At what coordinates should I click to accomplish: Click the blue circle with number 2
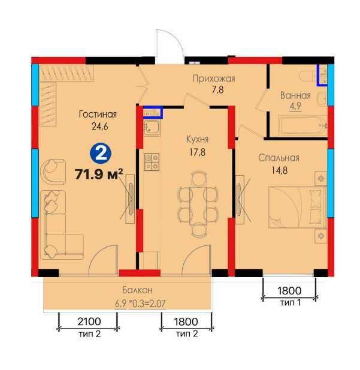(101, 154)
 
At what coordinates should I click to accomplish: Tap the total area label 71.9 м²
(99, 174)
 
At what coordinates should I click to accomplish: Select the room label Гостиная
(98, 114)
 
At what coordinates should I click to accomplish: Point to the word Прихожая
(214, 79)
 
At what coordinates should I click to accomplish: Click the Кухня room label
(197, 139)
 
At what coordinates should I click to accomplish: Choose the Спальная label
(279, 158)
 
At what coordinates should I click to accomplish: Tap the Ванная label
(295, 95)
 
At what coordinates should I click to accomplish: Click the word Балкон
(137, 290)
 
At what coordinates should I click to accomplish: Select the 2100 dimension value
(89, 321)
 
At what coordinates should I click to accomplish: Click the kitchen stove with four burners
(152, 162)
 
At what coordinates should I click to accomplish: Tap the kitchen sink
(152, 128)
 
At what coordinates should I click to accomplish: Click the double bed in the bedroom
(298, 207)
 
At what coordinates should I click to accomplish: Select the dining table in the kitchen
(199, 206)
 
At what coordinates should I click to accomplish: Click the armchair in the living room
(53, 172)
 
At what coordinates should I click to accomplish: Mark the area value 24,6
(100, 127)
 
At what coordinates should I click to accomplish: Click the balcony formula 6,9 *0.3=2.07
(140, 303)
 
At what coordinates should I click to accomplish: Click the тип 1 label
(291, 302)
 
